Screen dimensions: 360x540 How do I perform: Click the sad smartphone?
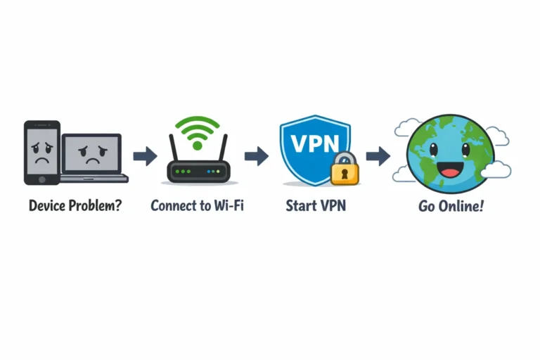41,153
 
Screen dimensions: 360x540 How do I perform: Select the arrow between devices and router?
145,156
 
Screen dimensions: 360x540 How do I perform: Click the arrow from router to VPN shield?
257,156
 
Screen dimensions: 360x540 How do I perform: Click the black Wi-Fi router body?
198,171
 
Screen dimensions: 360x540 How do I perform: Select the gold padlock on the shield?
345,169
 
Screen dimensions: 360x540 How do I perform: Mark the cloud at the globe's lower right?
496,169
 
